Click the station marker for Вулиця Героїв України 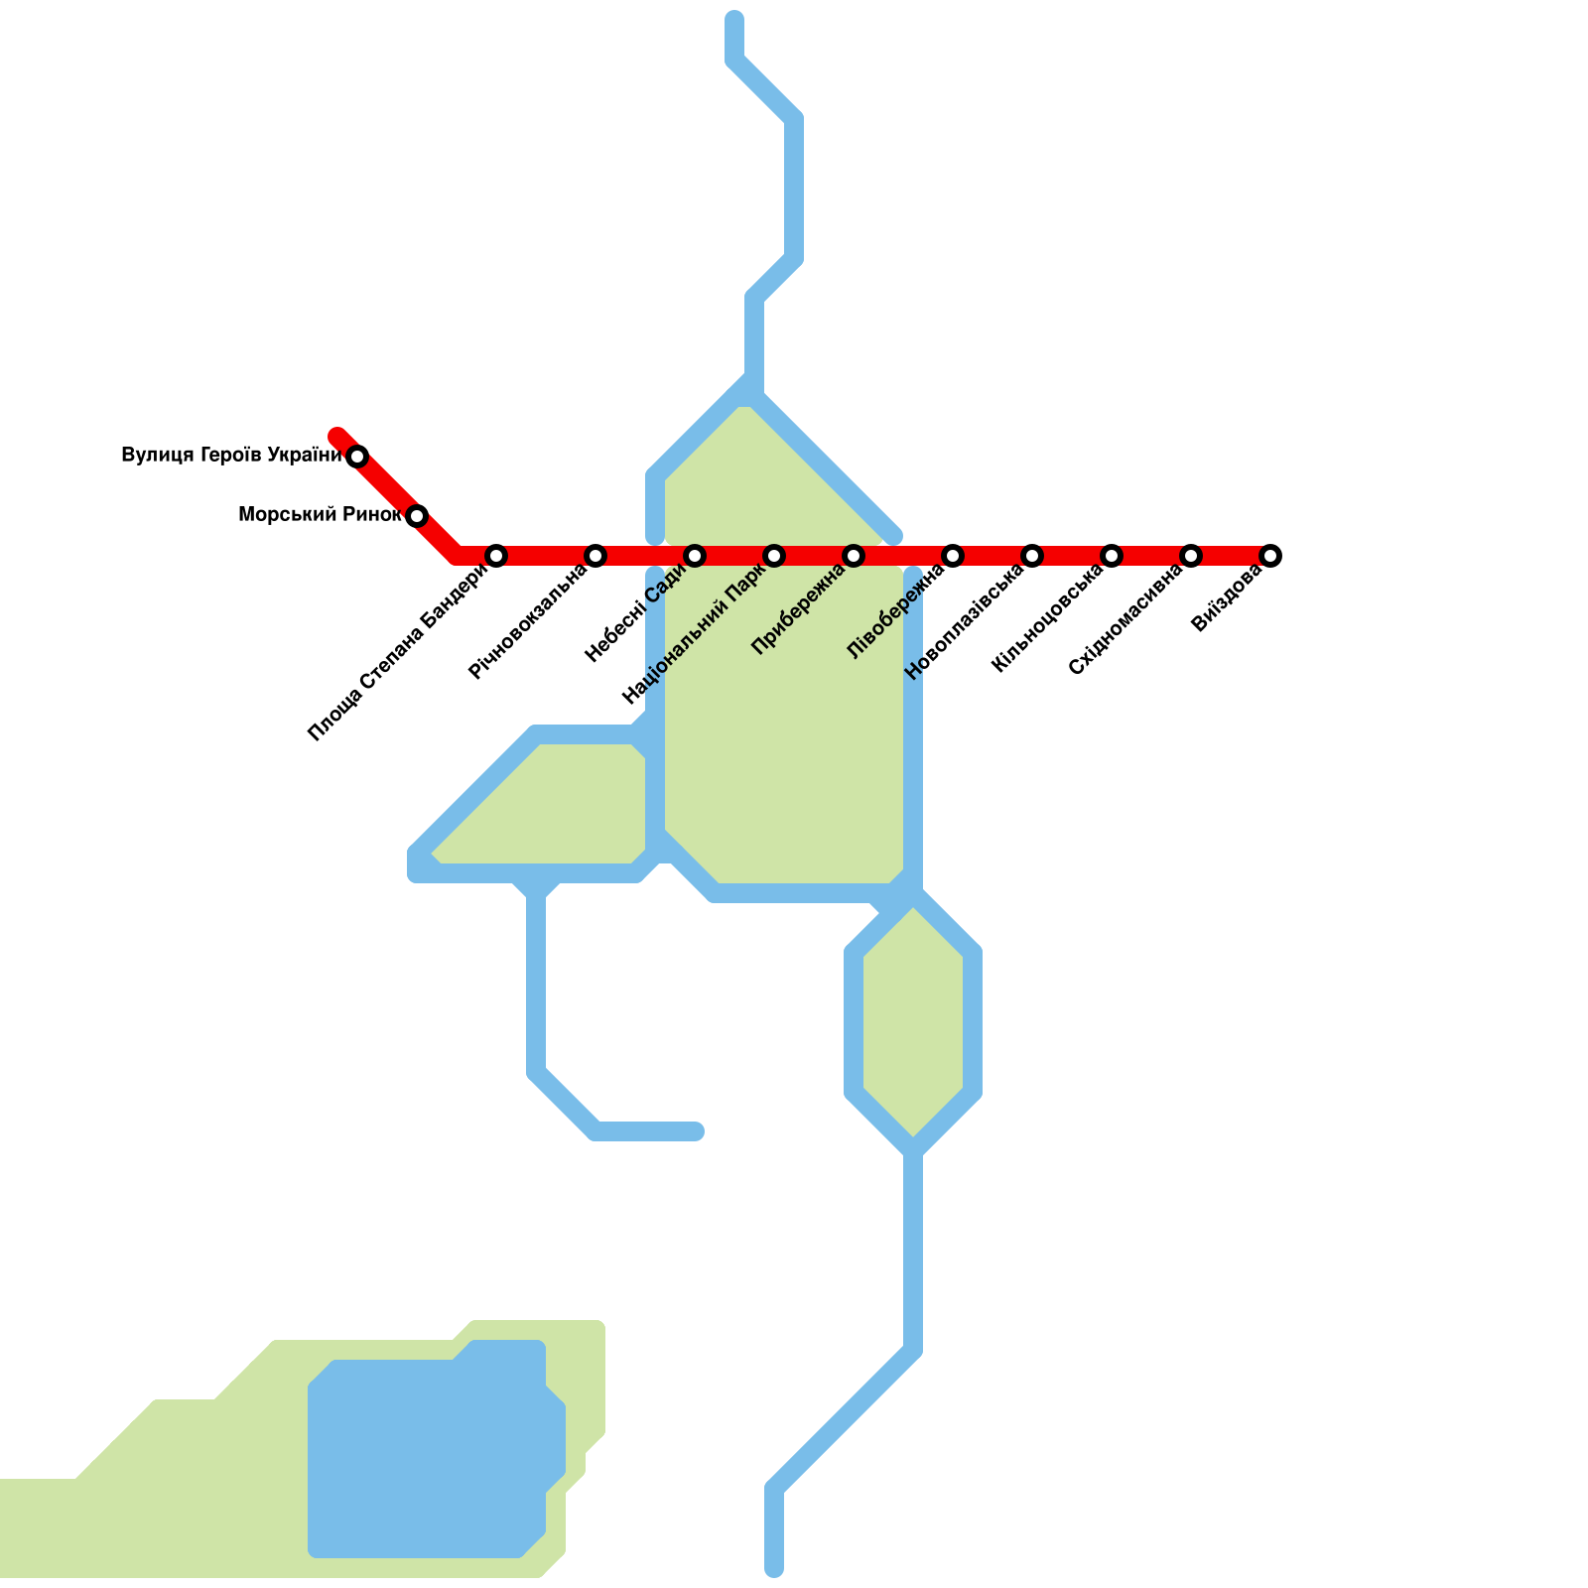(357, 457)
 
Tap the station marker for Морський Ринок (417, 516)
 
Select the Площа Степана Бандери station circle (496, 556)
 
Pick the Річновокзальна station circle (595, 556)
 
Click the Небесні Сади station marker (695, 556)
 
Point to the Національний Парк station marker (774, 556)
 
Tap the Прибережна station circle (854, 556)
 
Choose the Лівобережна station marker (953, 556)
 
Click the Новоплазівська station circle (1032, 556)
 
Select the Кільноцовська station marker (1112, 556)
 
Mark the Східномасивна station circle (1191, 556)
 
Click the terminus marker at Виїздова (1270, 556)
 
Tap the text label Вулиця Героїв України (231, 456)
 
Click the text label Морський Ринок (320, 515)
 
